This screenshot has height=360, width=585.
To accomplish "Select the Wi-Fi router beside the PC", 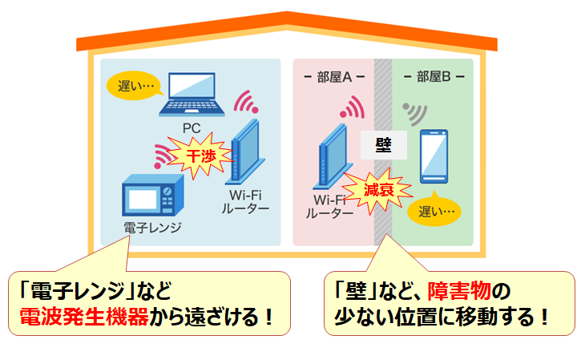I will pos(244,152).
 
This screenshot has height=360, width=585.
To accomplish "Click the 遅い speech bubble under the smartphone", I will pos(436,212).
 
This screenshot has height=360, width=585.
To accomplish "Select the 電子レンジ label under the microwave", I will pos(152,228).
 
